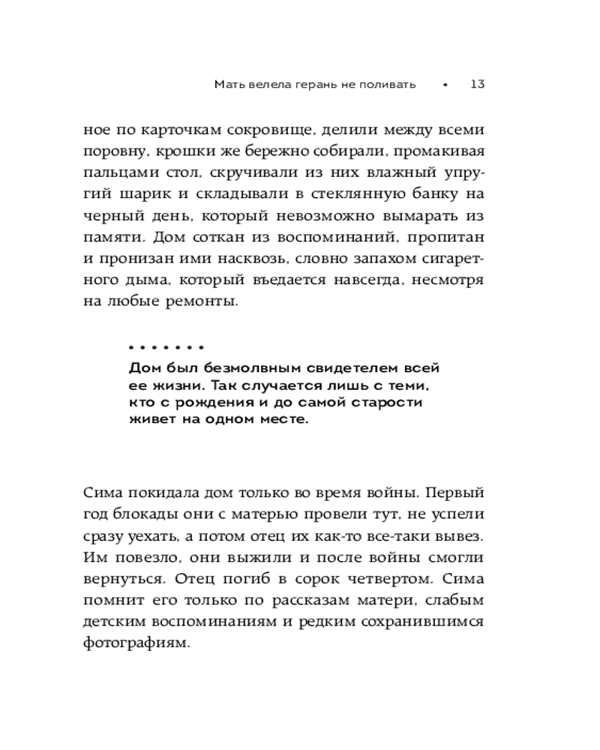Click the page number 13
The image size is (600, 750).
(477, 84)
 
